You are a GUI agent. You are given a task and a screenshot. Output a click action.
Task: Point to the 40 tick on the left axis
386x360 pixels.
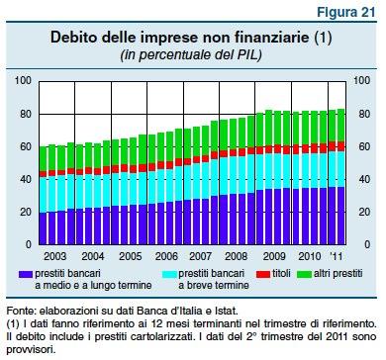[x=27, y=181]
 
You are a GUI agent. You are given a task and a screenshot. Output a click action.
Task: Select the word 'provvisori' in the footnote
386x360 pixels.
[x=33, y=348]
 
